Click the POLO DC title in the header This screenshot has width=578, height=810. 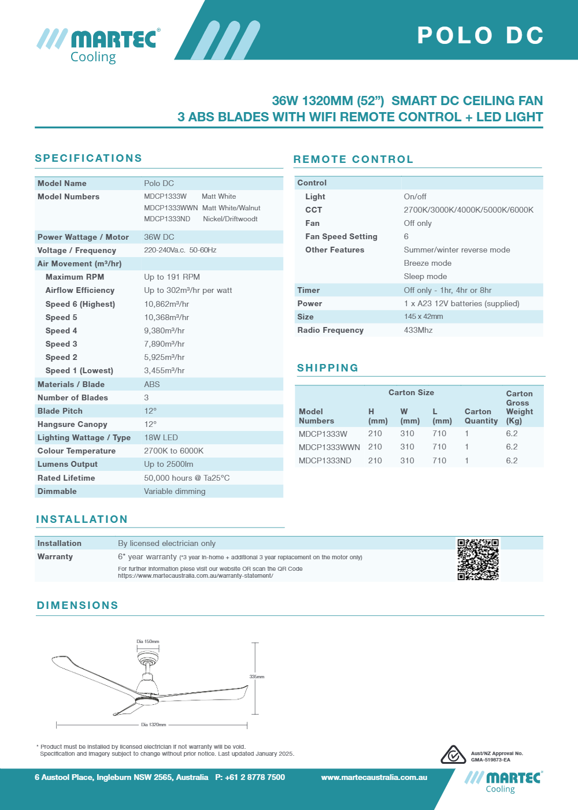coord(480,35)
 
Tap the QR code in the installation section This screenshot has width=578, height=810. coord(478,559)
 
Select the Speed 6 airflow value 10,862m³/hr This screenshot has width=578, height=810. coord(166,304)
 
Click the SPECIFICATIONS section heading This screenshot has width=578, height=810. coord(88,158)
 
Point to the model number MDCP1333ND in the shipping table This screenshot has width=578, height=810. coord(325,460)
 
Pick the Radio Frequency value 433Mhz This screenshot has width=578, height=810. coord(418,330)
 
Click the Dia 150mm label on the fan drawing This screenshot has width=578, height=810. coord(147,641)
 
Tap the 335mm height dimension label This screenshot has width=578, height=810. coord(257,677)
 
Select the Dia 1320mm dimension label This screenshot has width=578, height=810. coord(153,724)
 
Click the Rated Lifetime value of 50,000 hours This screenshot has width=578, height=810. coord(187,478)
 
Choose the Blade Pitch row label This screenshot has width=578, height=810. coord(60,411)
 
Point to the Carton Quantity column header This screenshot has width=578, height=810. coord(481,416)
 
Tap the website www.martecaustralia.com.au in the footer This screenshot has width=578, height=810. coord(374,777)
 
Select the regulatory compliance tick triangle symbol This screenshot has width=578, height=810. coord(453,755)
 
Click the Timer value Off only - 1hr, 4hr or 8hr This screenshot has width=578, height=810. coord(447,290)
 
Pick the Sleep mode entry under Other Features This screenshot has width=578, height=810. coord(425,277)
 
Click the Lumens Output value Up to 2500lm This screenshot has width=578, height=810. coord(169,465)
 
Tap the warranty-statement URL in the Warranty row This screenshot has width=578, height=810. coord(195,576)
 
